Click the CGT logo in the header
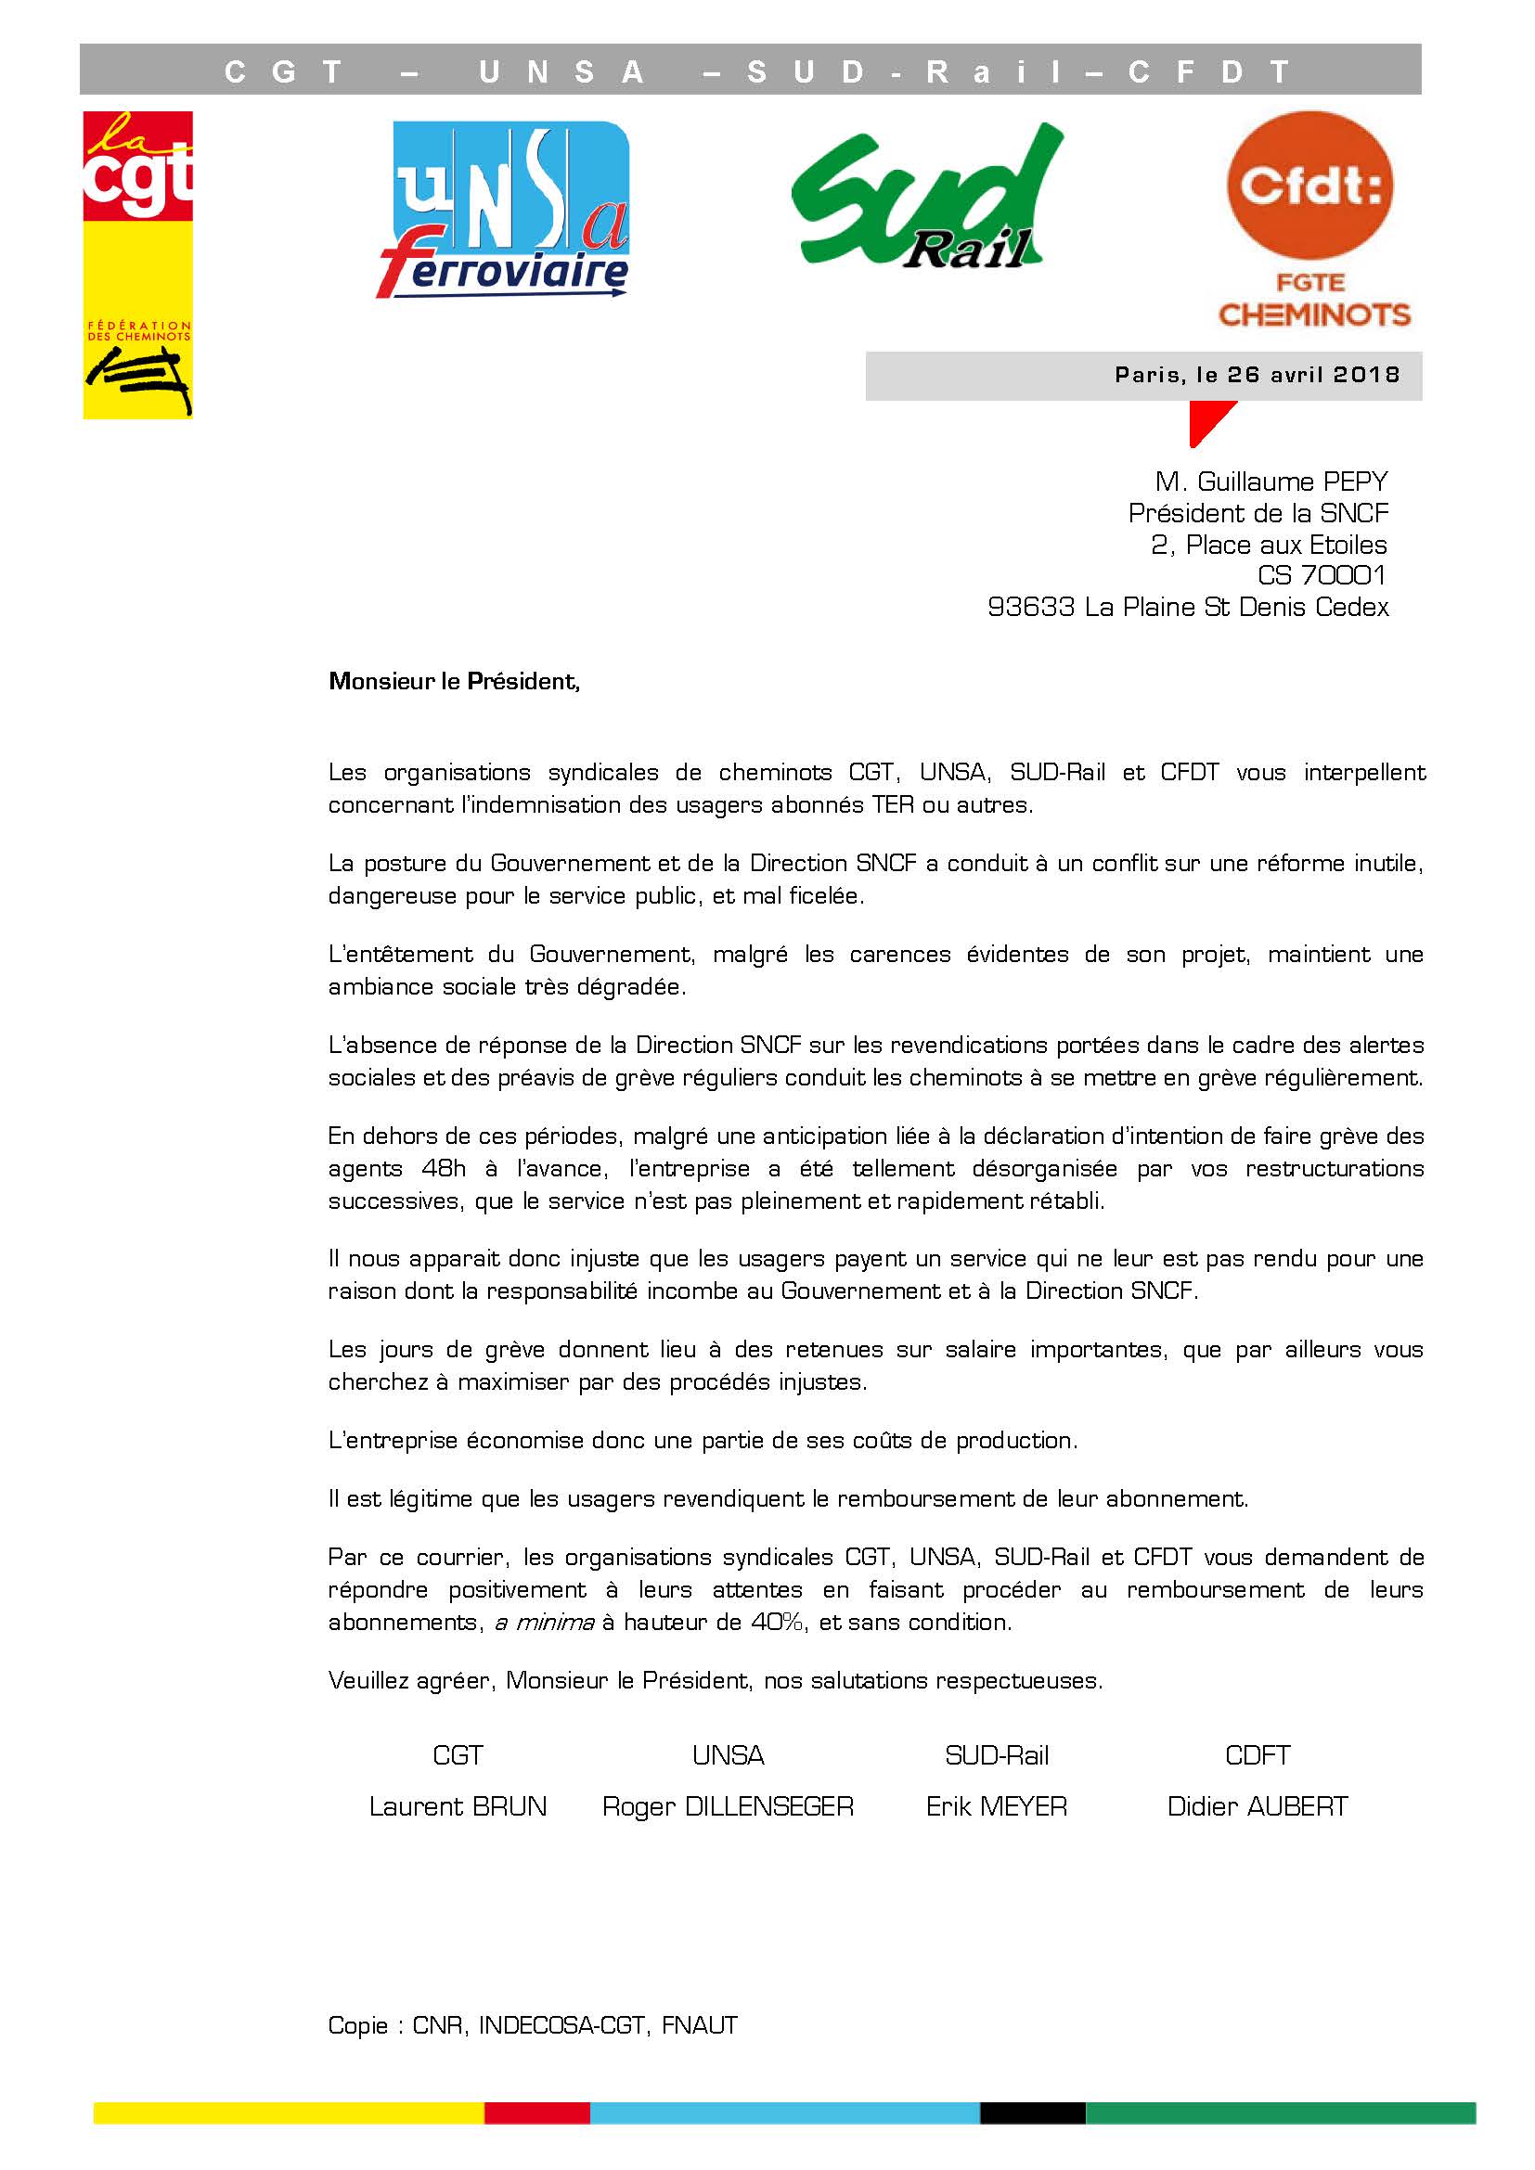click(x=138, y=264)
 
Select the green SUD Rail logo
click(x=926, y=199)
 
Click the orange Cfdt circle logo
click(x=1310, y=187)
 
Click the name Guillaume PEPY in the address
click(x=1292, y=482)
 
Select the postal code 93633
click(x=1030, y=607)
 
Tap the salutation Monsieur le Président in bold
click(x=454, y=682)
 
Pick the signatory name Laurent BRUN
click(x=458, y=1806)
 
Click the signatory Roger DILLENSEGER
click(x=728, y=1806)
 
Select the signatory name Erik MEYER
click(x=996, y=1806)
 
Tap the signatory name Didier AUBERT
click(x=1258, y=1806)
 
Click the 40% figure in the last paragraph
click(x=778, y=1623)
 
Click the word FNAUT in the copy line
click(x=700, y=2025)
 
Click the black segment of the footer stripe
click(x=1032, y=2112)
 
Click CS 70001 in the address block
click(x=1322, y=575)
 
